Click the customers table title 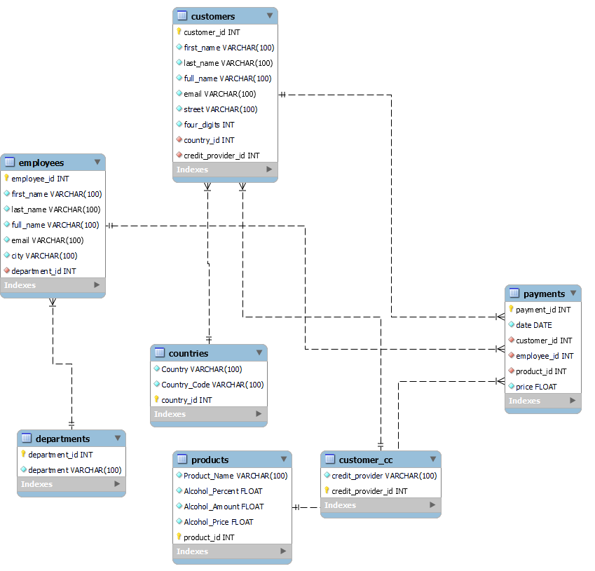tap(213, 16)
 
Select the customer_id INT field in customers tap(212, 32)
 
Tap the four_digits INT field tap(209, 125)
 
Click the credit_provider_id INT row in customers tap(221, 156)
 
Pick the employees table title tap(41, 163)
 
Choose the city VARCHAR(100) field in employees tap(44, 256)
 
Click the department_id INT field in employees tap(43, 271)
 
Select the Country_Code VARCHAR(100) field tap(212, 385)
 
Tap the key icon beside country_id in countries tap(156, 399)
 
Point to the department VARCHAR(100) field tap(74, 470)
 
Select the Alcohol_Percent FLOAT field tap(224, 491)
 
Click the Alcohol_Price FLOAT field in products tap(219, 522)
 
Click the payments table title tap(544, 294)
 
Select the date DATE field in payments tap(533, 325)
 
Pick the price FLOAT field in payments tap(536, 387)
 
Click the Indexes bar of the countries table tap(203, 414)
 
